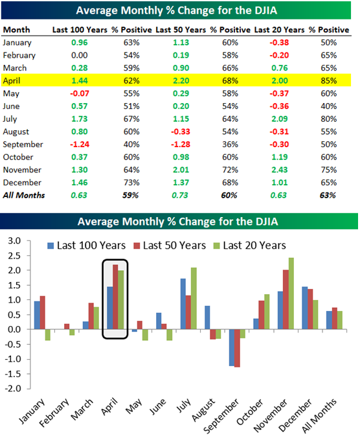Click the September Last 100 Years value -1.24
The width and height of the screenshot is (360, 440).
point(80,145)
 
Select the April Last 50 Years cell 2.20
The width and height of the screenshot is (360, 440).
point(181,81)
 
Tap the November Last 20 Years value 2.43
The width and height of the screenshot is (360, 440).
point(280,170)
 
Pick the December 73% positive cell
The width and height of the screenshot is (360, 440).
point(131,183)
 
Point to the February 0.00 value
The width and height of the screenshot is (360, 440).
point(80,55)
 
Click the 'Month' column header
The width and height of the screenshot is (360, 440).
point(17,30)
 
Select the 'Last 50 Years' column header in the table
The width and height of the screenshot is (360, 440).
point(181,30)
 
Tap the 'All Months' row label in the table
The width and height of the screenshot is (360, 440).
point(24,195)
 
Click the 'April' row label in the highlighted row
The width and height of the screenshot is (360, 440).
point(12,81)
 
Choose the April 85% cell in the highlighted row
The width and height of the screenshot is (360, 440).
point(329,81)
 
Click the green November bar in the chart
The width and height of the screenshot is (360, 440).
point(291,294)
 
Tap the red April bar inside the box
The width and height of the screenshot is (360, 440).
point(115,297)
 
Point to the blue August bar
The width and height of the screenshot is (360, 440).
point(207,318)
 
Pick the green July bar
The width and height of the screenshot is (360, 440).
point(194,298)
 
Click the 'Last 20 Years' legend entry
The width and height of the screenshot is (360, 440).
point(250,246)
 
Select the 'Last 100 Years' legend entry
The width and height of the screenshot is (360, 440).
point(87,246)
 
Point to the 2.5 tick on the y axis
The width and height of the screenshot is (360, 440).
point(15,256)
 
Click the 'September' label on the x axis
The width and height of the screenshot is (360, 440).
point(221,416)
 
